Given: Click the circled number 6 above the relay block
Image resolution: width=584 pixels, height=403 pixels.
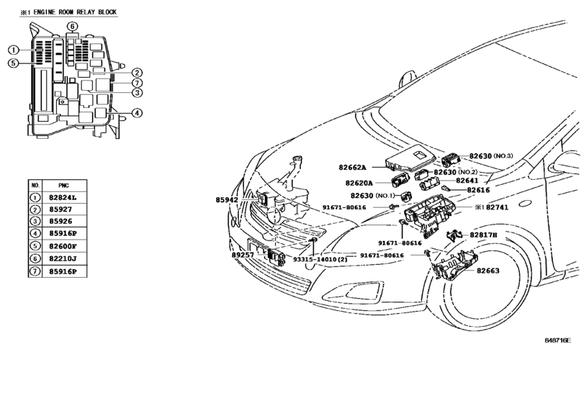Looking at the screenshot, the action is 73,27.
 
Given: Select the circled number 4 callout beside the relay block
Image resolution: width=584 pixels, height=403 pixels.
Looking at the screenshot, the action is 137,113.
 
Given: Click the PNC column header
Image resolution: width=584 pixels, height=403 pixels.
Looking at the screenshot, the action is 63,186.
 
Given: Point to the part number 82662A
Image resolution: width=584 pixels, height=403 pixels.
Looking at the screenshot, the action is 352,168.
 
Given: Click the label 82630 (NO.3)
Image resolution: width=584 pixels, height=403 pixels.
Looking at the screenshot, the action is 491,156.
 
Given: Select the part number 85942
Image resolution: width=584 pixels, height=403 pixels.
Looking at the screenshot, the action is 226,200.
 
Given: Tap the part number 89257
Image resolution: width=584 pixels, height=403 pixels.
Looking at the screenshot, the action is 243,255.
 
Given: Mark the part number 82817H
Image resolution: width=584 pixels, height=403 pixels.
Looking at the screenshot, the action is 483,235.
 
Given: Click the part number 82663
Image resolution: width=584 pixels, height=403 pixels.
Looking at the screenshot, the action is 488,271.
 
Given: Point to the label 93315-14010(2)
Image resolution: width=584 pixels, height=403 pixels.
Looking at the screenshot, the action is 320,259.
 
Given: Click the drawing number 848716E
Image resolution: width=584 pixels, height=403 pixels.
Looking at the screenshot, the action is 557,340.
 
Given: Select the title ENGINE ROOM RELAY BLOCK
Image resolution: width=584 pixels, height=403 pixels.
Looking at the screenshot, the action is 75,12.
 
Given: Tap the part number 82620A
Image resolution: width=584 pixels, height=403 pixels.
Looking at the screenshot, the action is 359,183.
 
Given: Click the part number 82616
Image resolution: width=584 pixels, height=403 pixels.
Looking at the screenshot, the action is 478,190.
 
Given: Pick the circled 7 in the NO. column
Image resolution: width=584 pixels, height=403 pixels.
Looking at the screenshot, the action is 35,271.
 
